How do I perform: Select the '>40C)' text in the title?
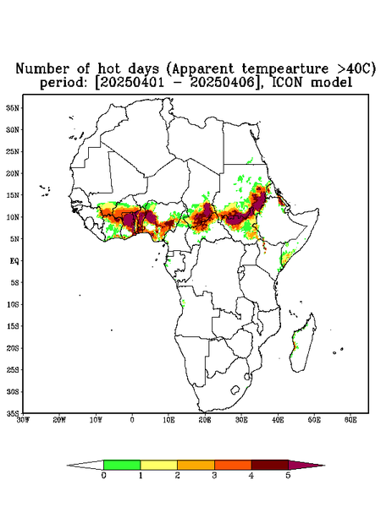coord(352,69)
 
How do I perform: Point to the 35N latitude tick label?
coord(13,108)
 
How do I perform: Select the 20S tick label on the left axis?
coord(13,348)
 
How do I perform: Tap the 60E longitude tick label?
coord(351,420)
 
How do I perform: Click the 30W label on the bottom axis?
coord(23,420)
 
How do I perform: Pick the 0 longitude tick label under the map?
coord(132,420)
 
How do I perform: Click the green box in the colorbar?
coord(122,465)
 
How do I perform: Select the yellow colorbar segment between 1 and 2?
coord(158,465)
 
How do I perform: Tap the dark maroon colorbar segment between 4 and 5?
coord(270,465)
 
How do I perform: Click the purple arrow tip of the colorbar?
coord(306,465)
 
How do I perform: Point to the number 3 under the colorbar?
coord(214,476)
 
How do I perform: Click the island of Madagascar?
coord(304,343)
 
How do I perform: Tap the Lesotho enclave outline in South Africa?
coord(235,390)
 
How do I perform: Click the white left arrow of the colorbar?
coord(86,465)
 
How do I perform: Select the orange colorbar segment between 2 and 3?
coord(196,465)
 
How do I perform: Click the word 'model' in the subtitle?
coord(331,83)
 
